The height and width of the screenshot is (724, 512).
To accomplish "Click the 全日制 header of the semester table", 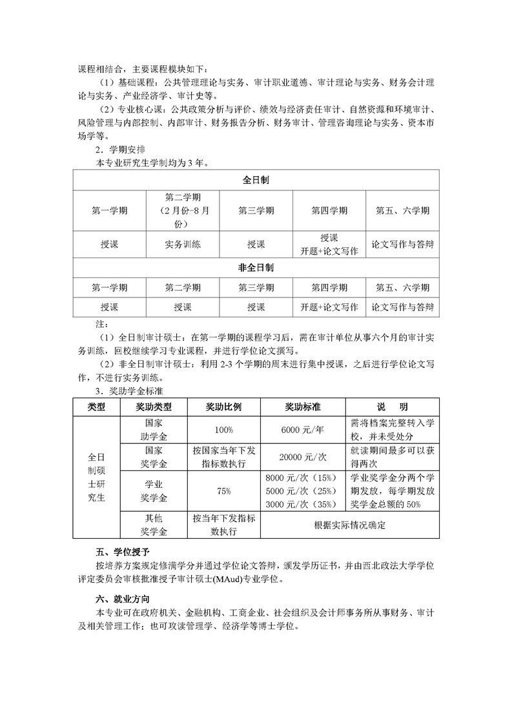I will click(256, 181).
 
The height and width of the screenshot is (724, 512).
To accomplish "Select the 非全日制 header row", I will click(256, 267).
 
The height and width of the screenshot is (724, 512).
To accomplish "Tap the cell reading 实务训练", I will click(183, 245).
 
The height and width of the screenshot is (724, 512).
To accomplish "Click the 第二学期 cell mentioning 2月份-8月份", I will click(183, 210).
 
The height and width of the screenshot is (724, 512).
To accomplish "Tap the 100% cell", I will click(223, 429).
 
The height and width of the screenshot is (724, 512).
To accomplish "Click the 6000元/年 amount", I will click(303, 429).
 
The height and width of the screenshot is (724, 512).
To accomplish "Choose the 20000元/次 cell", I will click(303, 456).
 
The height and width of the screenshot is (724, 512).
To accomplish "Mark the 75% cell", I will click(223, 491).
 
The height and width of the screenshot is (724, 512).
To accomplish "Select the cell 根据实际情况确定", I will click(349, 525).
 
